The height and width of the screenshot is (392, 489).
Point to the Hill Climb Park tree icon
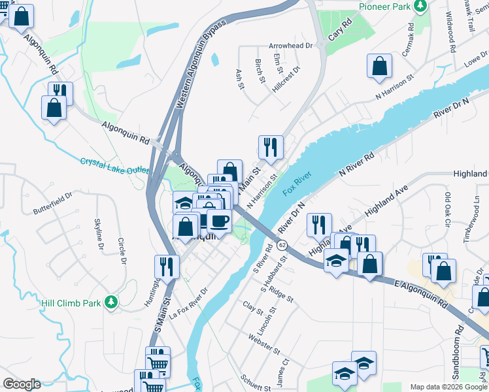point(111,301)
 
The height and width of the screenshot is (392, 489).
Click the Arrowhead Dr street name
point(292,46)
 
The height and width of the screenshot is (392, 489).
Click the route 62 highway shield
point(281,244)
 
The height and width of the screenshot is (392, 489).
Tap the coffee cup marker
point(219,220)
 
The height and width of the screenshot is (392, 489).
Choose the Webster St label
point(263,344)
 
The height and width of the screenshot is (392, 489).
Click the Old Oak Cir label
point(448,208)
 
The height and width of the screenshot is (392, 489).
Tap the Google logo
point(22,384)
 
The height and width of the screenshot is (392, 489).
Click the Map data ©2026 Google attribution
point(448,387)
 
